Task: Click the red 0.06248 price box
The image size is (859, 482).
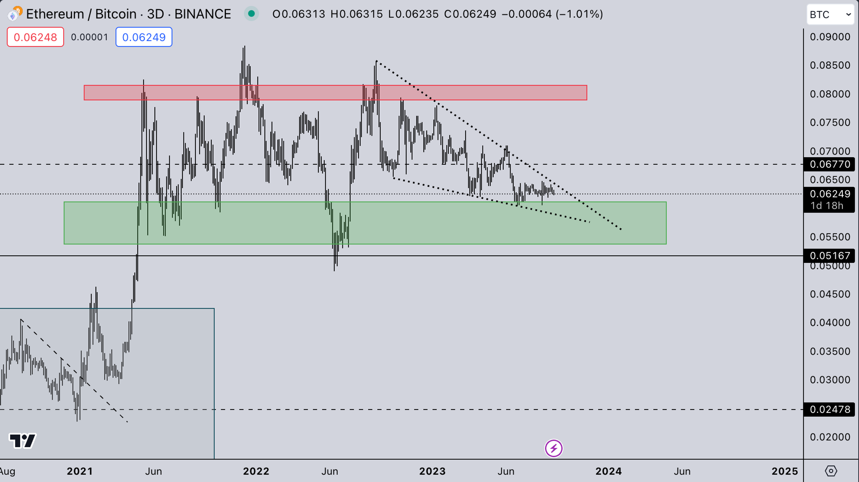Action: [35, 37]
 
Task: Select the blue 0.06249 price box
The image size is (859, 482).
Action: [144, 37]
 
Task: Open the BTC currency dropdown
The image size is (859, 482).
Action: [830, 14]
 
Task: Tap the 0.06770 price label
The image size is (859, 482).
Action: [830, 164]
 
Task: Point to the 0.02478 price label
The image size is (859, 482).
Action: [830, 409]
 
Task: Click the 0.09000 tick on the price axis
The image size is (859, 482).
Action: [830, 37]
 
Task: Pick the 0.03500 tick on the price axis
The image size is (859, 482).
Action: [830, 351]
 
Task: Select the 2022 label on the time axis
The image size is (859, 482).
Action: [256, 471]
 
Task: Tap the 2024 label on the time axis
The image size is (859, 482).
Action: [608, 471]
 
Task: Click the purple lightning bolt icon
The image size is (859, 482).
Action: [554, 448]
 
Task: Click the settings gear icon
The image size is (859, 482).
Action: [831, 471]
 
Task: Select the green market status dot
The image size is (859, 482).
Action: [251, 14]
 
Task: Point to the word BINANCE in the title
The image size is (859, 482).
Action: [202, 14]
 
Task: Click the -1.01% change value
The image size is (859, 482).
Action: [579, 14]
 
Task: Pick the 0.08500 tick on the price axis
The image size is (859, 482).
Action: [830, 65]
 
